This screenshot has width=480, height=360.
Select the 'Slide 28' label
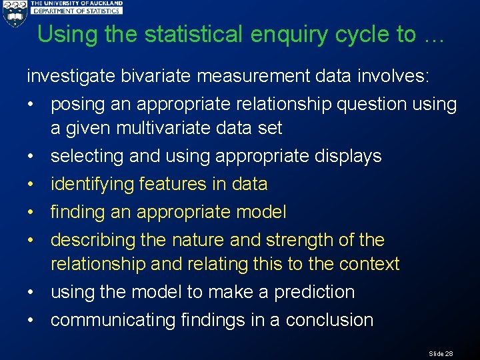(x=441, y=353)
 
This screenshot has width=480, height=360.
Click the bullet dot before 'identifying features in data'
(x=31, y=185)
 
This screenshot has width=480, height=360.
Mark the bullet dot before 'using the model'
(x=31, y=293)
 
